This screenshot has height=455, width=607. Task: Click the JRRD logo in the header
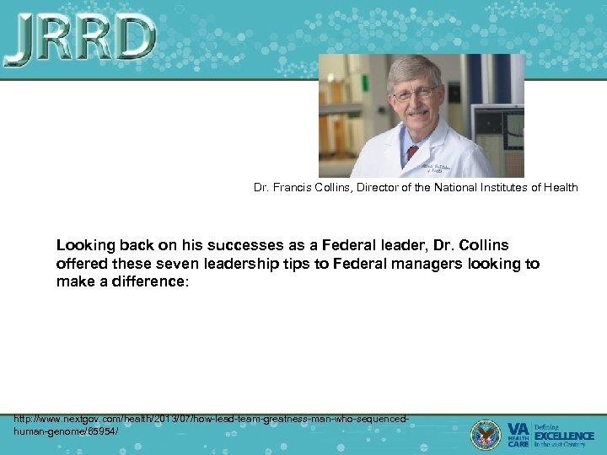pos(81,40)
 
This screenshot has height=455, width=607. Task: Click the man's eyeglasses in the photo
pos(415,92)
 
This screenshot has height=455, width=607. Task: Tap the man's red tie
pos(412,153)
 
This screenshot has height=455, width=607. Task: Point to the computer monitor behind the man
pos(499,131)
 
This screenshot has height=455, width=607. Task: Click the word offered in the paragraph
pos(81,264)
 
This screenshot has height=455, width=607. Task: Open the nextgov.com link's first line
pos(212,419)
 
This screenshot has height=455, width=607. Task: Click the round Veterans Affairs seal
pos(486,434)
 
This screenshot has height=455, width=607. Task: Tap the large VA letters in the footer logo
pos(518,428)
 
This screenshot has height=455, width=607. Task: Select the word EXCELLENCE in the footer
pos(564,436)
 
